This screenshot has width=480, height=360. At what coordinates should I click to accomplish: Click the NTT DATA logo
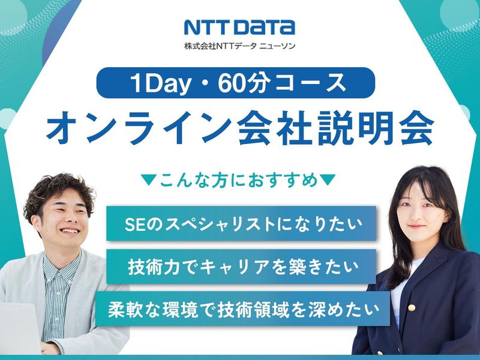239,27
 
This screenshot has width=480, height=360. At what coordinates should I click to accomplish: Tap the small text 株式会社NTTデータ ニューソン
239,46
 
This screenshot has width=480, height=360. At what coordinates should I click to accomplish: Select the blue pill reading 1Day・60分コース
239,83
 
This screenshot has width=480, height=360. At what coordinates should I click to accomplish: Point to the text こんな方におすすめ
238,180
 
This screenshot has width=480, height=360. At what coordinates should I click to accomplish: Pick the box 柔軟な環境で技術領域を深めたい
242,310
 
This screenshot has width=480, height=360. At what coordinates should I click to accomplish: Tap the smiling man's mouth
69,231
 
